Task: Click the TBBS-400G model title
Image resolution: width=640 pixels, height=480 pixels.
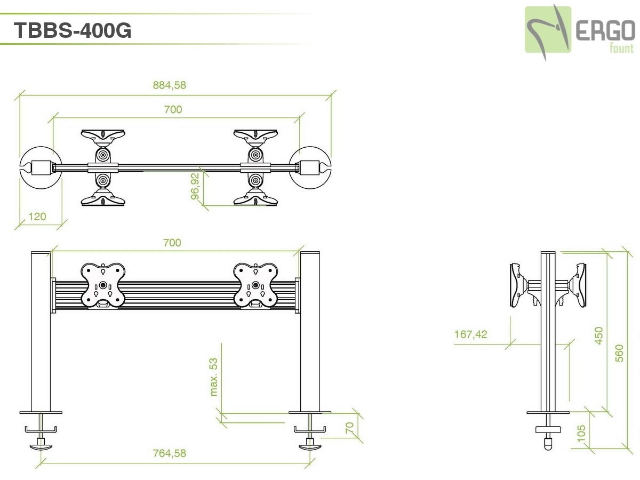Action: click(73, 30)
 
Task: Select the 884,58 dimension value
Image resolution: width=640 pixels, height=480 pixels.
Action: click(170, 85)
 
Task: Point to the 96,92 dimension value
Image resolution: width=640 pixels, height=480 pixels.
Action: click(195, 187)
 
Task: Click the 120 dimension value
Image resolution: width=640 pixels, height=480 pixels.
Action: click(37, 217)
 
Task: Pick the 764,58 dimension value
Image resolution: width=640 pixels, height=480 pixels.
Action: click(170, 453)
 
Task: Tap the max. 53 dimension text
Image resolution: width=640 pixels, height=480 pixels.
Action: click(214, 377)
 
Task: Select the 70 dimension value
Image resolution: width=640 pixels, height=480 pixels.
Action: click(349, 428)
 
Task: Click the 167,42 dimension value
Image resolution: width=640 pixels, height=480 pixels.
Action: click(471, 334)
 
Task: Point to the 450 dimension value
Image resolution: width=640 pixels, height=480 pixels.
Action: click(598, 336)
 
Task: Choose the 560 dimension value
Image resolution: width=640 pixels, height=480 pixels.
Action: click(619, 353)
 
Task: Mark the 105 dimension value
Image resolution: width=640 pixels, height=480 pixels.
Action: click(581, 434)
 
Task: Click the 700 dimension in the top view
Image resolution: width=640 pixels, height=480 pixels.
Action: click(173, 109)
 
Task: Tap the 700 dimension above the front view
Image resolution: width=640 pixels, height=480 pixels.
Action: click(172, 243)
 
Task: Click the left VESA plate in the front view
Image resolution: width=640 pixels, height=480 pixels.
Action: click(102, 285)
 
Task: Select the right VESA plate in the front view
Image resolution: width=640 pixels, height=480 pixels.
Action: click(255, 285)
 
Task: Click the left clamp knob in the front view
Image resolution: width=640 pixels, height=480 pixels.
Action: click(41, 447)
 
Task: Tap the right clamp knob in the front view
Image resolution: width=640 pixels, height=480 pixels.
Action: click(310, 447)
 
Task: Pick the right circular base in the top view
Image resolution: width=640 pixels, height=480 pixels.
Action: click(310, 168)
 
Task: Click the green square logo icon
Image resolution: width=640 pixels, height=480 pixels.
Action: click(548, 29)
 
